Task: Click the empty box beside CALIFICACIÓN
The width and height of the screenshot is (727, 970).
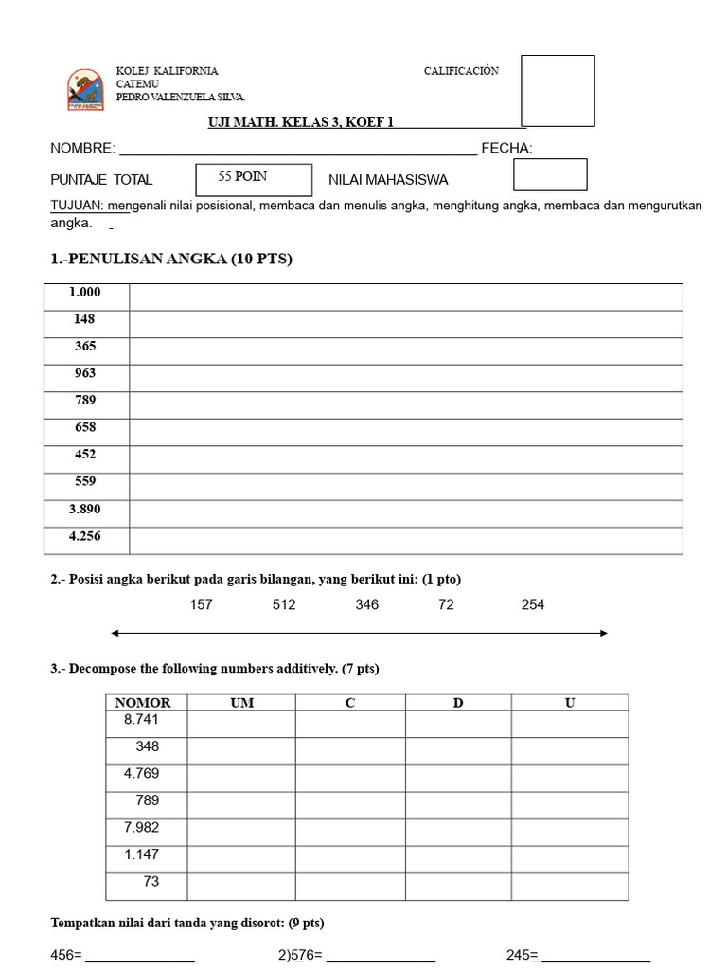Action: click(x=558, y=90)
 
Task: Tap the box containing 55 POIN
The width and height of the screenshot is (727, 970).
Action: click(x=253, y=179)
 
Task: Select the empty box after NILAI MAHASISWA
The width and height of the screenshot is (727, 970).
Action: click(x=550, y=174)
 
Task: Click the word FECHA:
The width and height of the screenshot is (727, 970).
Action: click(x=506, y=149)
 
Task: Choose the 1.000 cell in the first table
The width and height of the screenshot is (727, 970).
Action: click(x=86, y=294)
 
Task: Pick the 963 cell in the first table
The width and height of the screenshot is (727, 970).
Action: click(x=86, y=374)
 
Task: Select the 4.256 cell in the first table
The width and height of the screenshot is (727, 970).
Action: click(x=86, y=537)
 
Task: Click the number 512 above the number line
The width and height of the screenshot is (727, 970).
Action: click(x=284, y=605)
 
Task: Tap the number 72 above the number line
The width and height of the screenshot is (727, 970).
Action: click(x=446, y=605)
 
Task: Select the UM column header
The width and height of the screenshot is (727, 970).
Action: click(x=241, y=703)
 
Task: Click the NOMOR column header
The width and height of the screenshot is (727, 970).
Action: click(x=143, y=703)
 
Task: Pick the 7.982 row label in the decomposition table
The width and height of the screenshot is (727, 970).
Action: click(x=142, y=828)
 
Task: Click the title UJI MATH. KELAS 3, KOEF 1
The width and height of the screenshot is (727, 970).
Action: click(x=300, y=122)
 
